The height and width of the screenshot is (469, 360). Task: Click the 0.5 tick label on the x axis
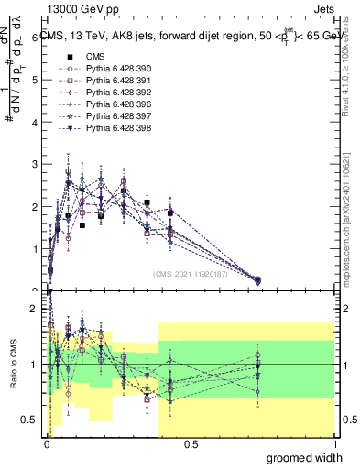coord(191,444)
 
